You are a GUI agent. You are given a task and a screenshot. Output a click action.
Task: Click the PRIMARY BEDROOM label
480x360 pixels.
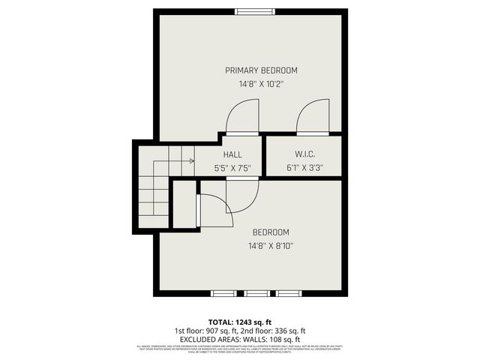pyautogui.click(x=252, y=70)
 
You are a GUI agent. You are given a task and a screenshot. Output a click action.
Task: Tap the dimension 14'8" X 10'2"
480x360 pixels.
pyautogui.click(x=252, y=85)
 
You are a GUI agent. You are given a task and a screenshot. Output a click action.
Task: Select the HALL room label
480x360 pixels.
pyautogui.click(x=232, y=154)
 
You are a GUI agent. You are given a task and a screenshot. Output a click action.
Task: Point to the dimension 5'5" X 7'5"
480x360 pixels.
pyautogui.click(x=232, y=168)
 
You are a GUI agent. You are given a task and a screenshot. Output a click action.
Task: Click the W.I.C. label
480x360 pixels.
pyautogui.click(x=304, y=154)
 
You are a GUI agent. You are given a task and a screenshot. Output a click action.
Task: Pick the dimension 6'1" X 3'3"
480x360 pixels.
pyautogui.click(x=304, y=168)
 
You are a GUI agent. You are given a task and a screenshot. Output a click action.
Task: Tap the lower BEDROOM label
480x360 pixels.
pyautogui.click(x=271, y=232)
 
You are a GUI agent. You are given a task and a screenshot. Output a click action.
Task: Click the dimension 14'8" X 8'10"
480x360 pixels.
pyautogui.click(x=271, y=246)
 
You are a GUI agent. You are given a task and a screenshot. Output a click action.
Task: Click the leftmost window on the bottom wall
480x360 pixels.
pyautogui.click(x=223, y=292)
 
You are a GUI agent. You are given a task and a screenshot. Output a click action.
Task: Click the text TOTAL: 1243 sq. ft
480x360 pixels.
pyautogui.click(x=240, y=322)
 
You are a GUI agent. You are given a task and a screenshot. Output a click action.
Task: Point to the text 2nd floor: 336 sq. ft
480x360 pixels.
pyautogui.click(x=274, y=331)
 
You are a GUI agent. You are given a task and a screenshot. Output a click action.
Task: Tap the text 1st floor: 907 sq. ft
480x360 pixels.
pyautogui.click(x=206, y=331)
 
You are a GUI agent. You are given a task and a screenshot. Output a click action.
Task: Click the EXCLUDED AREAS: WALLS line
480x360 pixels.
pyautogui.click(x=240, y=339)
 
